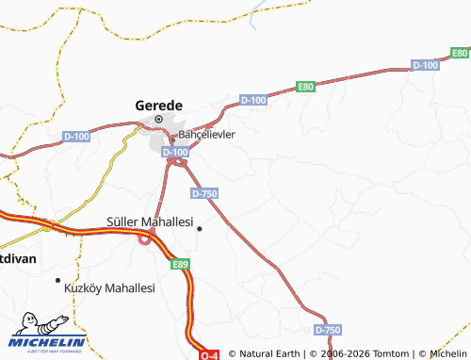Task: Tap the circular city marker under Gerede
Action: pyautogui.click(x=159, y=120)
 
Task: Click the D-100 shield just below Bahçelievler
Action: pyautogui.click(x=174, y=152)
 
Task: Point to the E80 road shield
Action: pyautogui.click(x=305, y=87)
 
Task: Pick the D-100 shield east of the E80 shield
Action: pyautogui.click(x=426, y=65)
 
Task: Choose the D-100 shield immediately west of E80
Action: pyautogui.click(x=253, y=99)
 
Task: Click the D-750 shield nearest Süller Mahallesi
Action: pyautogui.click(x=204, y=193)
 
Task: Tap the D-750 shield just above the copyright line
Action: pyautogui.click(x=327, y=330)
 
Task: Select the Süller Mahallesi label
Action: pyautogui.click(x=149, y=224)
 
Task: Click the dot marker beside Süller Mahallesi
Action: pyautogui.click(x=199, y=227)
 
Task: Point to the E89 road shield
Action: pyautogui.click(x=181, y=266)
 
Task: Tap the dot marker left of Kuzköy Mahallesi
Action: pyautogui.click(x=58, y=281)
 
